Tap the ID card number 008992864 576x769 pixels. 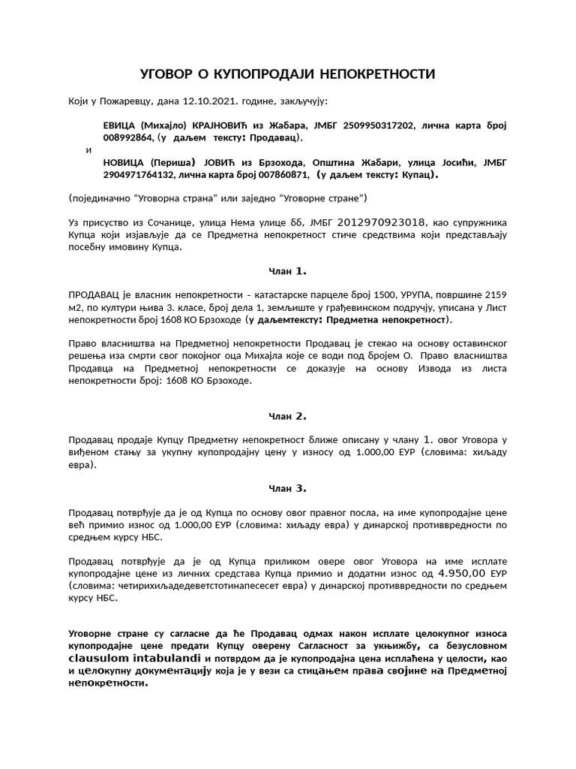[x=128, y=138]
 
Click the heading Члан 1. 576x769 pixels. [x=288, y=271]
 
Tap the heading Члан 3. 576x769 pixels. [x=288, y=488]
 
